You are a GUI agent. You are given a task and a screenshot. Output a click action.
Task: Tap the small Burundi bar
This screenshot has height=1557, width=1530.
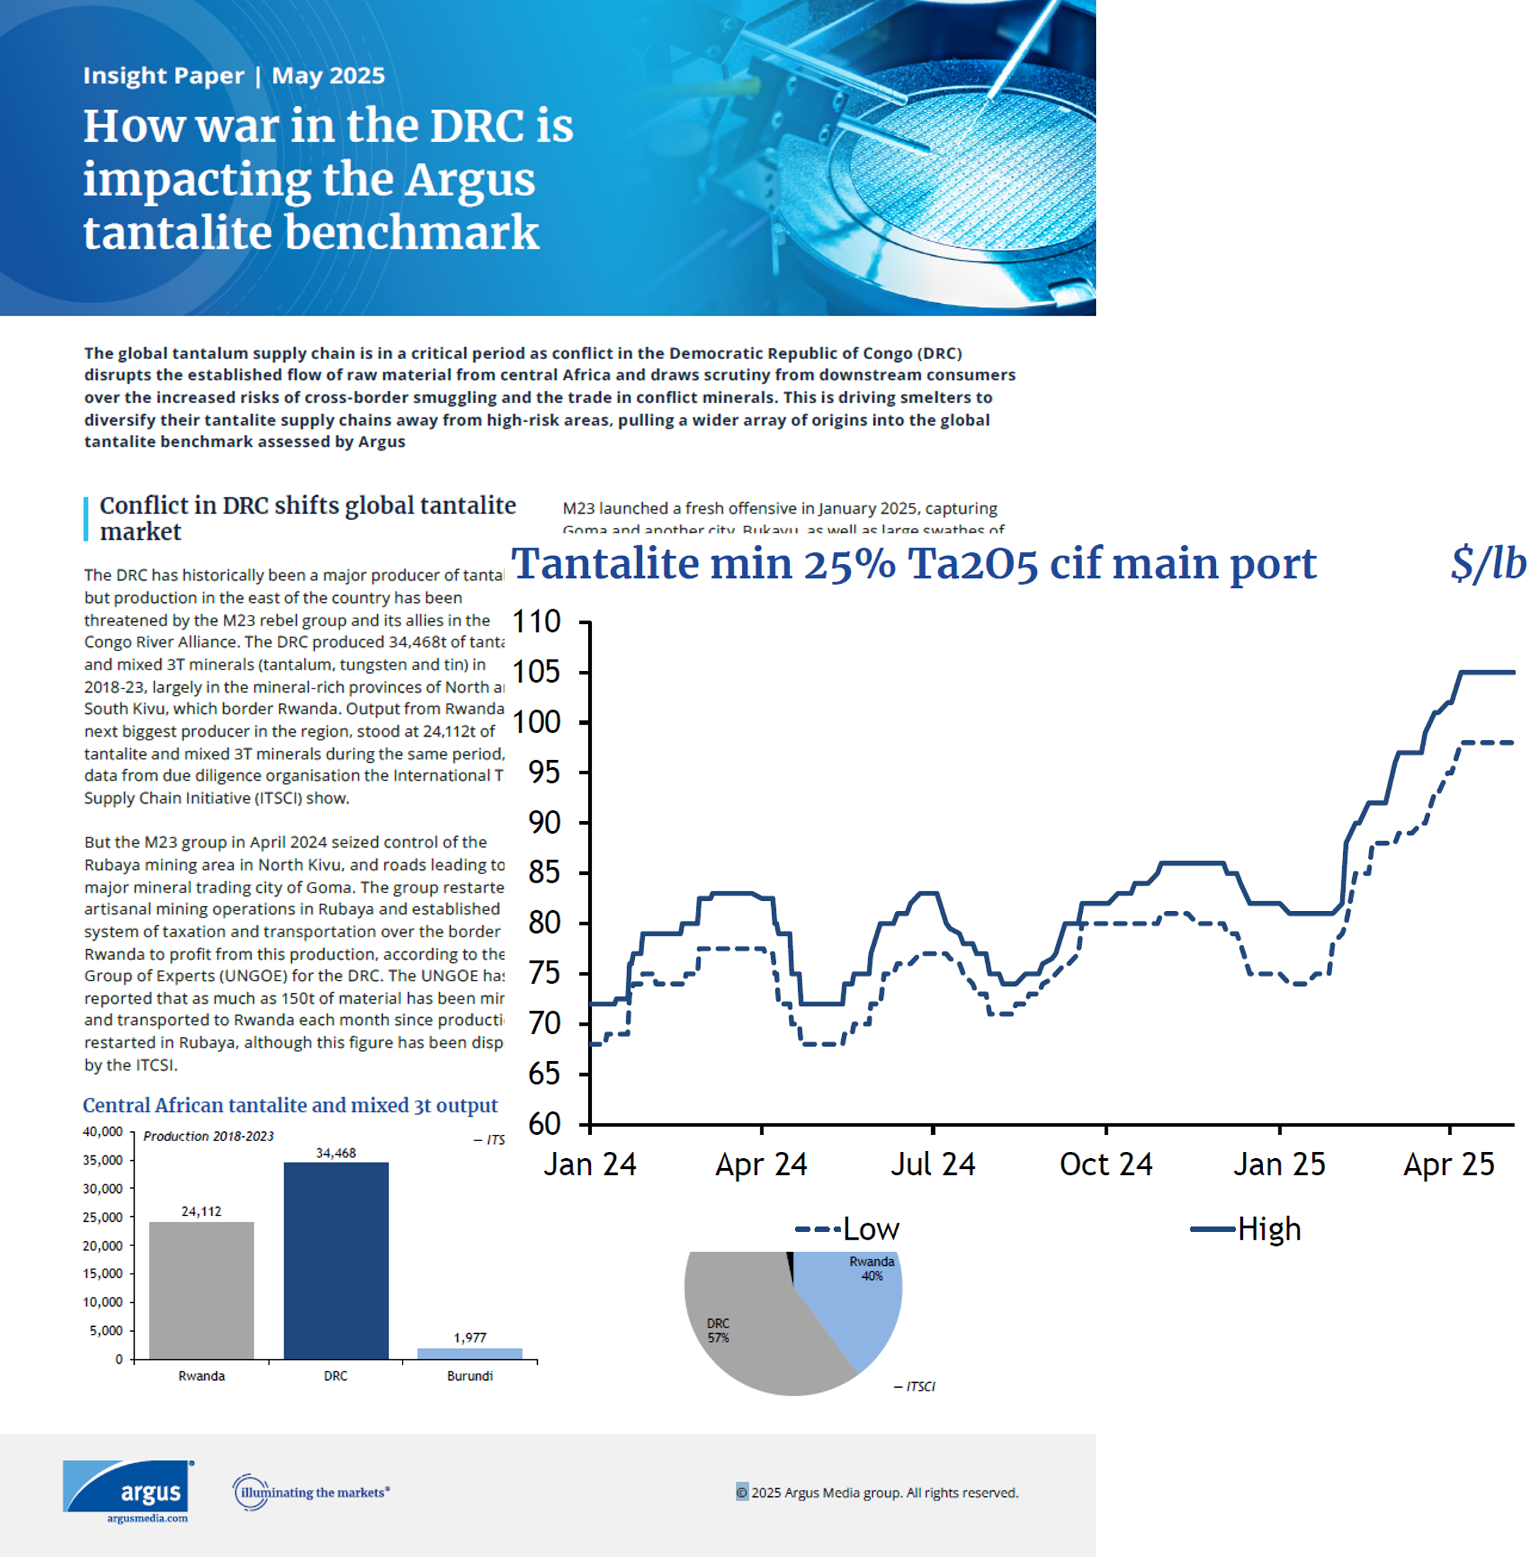click(x=469, y=1353)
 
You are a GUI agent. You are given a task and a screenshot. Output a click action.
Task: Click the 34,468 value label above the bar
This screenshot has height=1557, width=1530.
click(x=336, y=1153)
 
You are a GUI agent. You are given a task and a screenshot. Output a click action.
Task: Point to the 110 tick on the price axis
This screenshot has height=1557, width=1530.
click(x=536, y=622)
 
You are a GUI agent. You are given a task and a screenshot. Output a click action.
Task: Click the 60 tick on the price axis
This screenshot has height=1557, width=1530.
click(x=544, y=1124)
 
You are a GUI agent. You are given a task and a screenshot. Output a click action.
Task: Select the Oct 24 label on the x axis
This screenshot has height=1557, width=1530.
click(x=1106, y=1164)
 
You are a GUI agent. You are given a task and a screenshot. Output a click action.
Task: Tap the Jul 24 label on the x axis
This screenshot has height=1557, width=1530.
click(x=933, y=1164)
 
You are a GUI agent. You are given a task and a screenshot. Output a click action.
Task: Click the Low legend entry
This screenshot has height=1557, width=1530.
click(x=848, y=1229)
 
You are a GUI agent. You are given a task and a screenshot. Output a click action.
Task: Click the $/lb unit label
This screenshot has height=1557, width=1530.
click(x=1487, y=563)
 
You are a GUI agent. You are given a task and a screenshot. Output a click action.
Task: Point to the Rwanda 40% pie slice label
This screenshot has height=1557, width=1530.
click(x=872, y=1269)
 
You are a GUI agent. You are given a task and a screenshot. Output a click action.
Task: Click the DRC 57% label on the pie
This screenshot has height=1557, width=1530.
click(x=719, y=1330)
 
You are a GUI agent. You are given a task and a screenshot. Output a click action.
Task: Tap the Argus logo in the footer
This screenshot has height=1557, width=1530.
click(x=128, y=1491)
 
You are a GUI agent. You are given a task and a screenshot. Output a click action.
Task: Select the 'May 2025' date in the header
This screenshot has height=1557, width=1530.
click(x=328, y=76)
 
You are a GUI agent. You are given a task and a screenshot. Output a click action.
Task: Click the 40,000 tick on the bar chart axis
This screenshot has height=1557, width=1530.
click(x=103, y=1132)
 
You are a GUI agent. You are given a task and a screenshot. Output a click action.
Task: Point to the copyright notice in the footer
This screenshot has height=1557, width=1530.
click(x=877, y=1493)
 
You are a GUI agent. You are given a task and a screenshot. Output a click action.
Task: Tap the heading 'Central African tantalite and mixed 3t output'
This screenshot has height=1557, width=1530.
click(x=290, y=1106)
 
